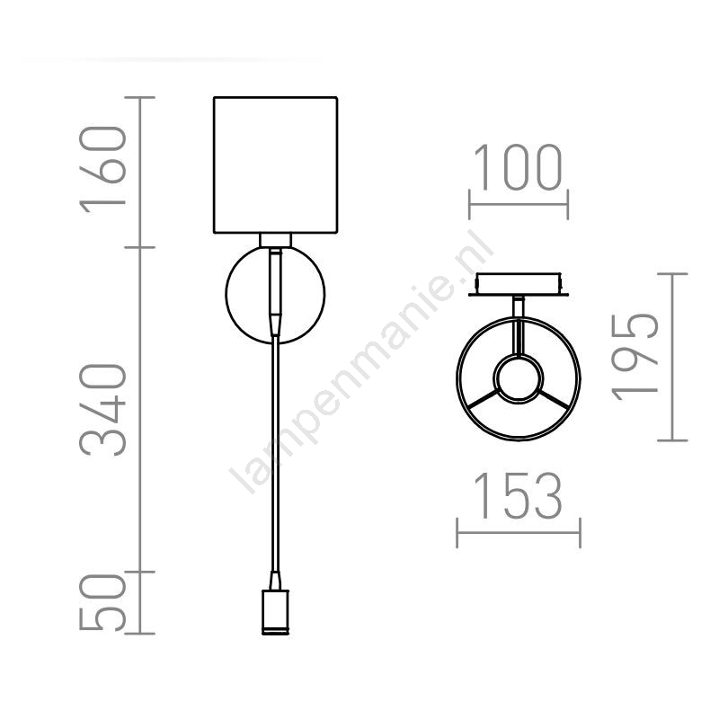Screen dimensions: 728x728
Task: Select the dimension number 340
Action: click(x=103, y=410)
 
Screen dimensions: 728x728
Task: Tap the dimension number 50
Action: click(x=103, y=602)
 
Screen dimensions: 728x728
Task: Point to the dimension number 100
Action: click(x=519, y=167)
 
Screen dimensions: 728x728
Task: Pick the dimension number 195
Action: click(x=635, y=358)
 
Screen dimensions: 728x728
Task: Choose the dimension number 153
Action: click(x=519, y=495)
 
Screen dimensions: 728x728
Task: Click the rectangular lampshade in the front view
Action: click(x=275, y=164)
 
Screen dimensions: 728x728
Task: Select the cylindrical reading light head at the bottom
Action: click(x=275, y=612)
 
